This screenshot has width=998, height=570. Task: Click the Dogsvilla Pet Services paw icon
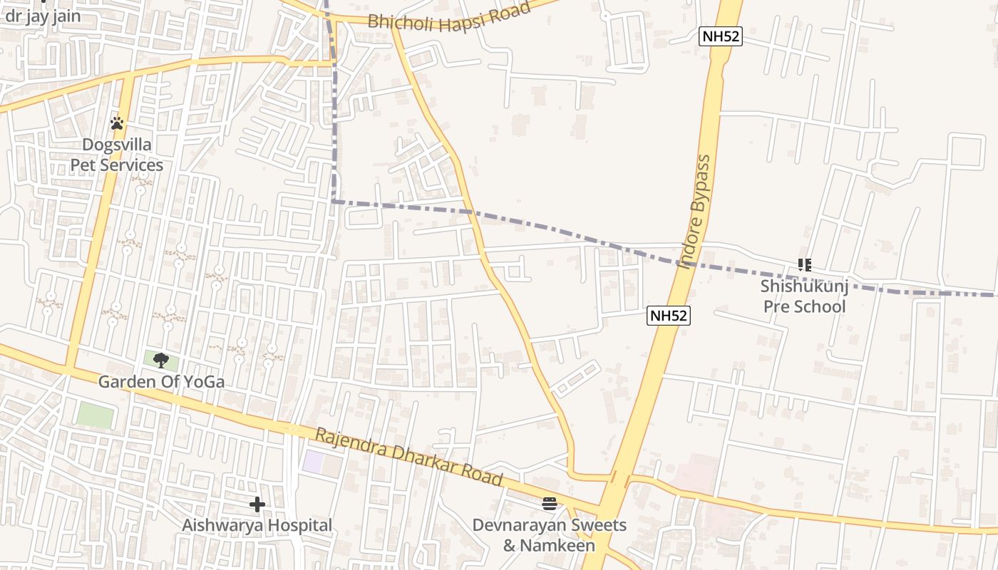[117, 123]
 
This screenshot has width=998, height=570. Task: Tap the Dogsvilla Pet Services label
[117, 155]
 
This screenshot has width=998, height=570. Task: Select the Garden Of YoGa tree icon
[161, 360]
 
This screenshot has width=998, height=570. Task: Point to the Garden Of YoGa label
[161, 382]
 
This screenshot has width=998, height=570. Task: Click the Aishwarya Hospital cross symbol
[257, 504]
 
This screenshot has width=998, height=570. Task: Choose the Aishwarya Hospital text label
[257, 526]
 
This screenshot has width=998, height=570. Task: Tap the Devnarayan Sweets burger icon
[549, 504]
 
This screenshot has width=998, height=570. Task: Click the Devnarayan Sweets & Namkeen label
[549, 536]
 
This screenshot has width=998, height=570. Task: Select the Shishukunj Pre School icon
[805, 265]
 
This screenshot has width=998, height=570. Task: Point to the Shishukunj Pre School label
[804, 296]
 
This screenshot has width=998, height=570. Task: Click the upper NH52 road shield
[720, 37]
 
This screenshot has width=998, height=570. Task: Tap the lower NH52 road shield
[669, 316]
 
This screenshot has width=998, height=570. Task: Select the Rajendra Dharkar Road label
[409, 457]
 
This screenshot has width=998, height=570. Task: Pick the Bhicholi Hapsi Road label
[449, 15]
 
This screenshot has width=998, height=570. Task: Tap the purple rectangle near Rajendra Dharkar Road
[313, 461]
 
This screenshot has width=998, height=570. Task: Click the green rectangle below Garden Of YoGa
[96, 415]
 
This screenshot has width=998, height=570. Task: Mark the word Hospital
[298, 526]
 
